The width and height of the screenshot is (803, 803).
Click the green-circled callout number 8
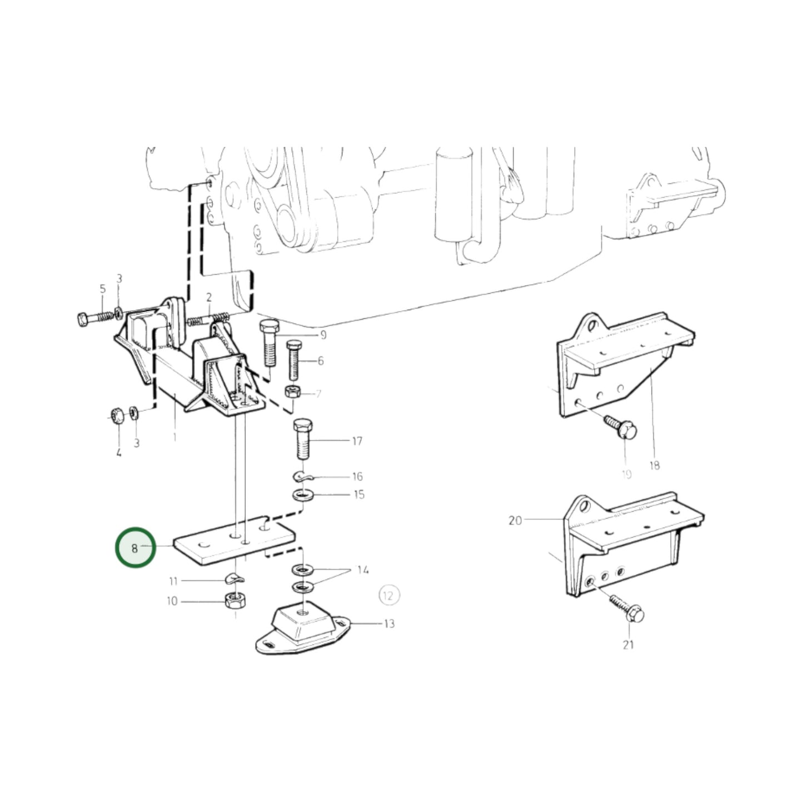tap(134, 548)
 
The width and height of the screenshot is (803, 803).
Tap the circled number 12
tap(388, 596)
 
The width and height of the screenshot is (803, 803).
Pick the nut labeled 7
tap(291, 392)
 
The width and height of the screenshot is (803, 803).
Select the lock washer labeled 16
tap(302, 476)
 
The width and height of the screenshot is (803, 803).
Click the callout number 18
tap(654, 465)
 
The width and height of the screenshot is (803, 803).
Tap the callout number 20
tap(515, 521)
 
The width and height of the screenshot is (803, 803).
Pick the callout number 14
tap(362, 570)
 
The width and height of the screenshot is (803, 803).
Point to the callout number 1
tap(174, 437)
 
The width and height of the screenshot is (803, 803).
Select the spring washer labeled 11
tap(234, 580)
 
